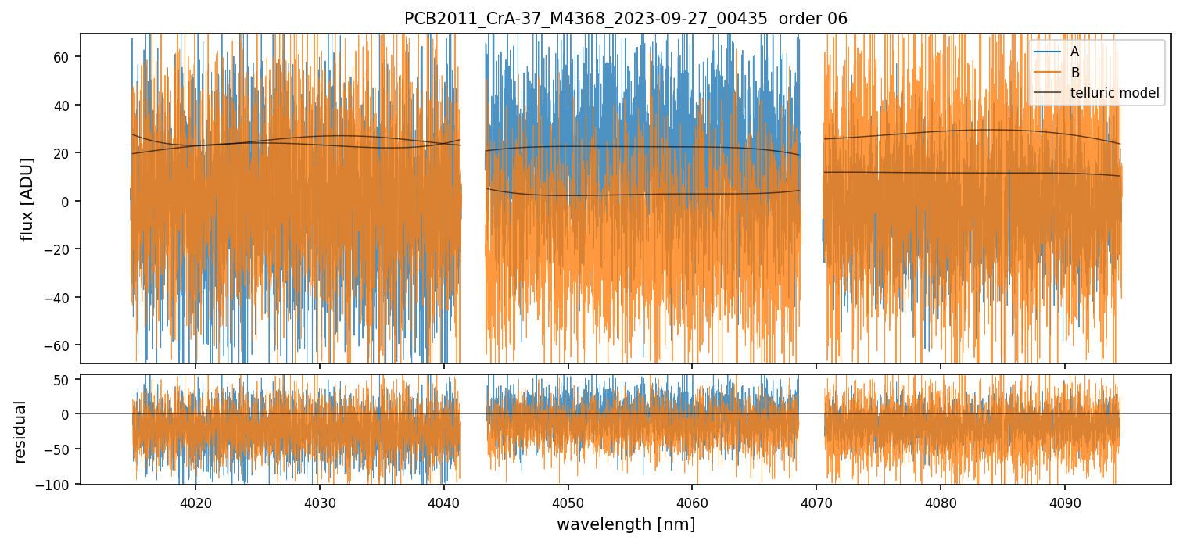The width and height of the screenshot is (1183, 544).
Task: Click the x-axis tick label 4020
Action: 195,501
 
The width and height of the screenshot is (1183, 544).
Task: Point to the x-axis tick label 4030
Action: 320,501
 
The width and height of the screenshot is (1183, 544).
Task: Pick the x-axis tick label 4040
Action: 444,501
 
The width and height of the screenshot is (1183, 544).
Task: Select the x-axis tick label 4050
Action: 568,501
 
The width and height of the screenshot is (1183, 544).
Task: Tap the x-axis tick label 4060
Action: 692,501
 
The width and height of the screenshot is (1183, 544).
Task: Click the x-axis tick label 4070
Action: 816,501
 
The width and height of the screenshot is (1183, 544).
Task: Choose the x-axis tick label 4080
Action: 941,501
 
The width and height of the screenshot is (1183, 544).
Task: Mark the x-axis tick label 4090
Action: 1065,501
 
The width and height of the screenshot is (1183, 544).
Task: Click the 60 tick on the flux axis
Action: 62,56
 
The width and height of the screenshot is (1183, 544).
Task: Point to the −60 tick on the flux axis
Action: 59,345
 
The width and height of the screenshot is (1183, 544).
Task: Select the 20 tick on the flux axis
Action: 62,153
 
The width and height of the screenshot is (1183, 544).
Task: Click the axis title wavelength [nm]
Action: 626,524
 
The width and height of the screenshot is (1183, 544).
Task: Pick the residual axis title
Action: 20,431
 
